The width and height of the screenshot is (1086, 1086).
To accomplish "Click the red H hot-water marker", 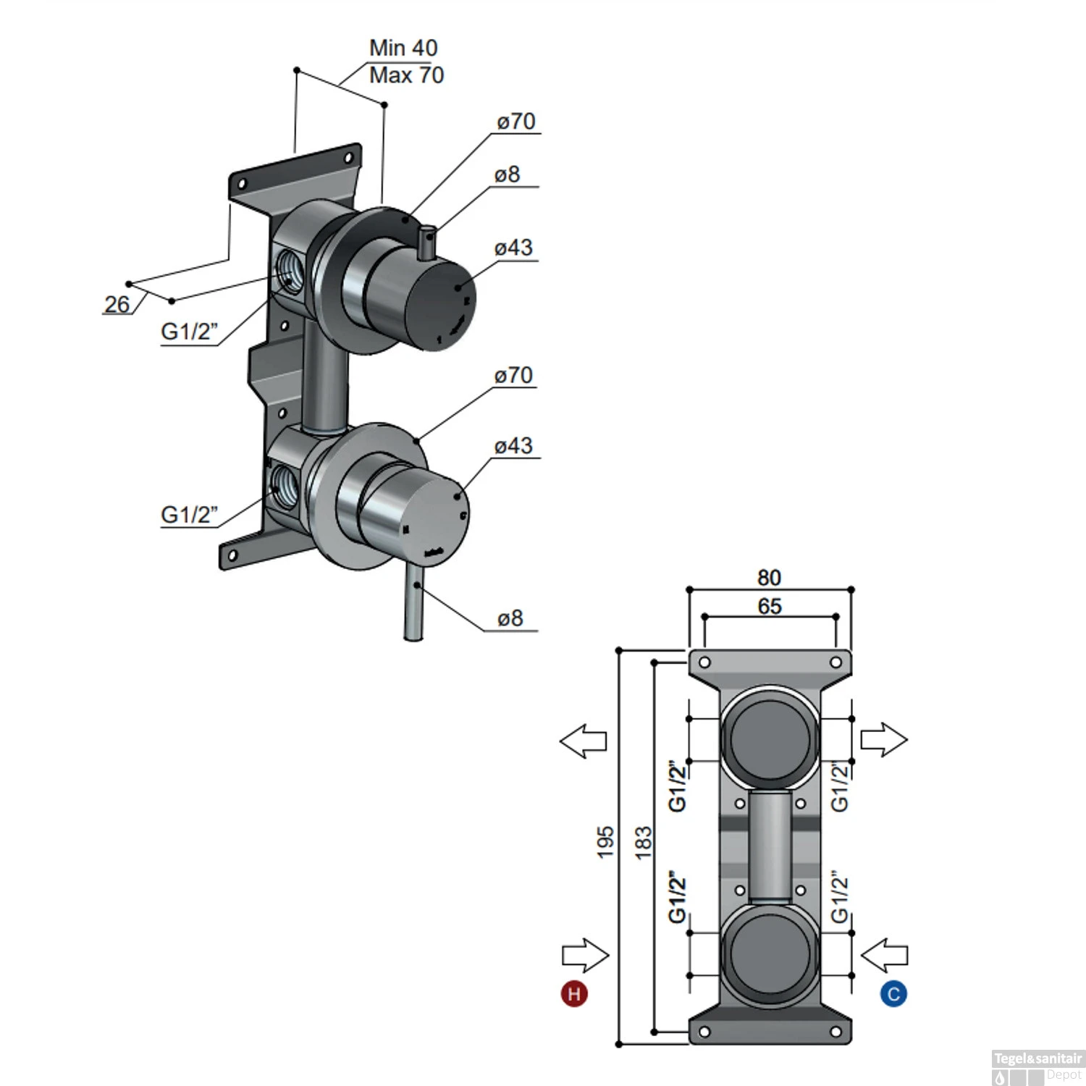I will [574, 993].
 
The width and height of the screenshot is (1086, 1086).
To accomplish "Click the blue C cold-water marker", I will [893, 993].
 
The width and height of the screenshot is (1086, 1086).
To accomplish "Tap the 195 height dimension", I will [605, 842].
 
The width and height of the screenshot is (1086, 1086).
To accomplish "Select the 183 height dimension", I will [643, 842].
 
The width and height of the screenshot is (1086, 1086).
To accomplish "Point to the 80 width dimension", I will [769, 578].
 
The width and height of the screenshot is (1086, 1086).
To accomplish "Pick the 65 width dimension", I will [770, 606].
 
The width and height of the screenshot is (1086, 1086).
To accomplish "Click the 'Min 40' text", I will [403, 48].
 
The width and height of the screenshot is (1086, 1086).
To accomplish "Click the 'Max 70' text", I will [406, 75].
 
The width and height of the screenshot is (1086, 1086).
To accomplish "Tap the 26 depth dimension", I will [117, 304].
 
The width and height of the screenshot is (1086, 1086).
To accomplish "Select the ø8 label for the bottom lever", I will [510, 618].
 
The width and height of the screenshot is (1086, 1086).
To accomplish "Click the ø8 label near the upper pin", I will [508, 174].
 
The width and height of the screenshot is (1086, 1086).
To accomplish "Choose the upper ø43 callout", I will [513, 248].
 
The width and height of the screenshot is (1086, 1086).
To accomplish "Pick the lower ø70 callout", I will [513, 375].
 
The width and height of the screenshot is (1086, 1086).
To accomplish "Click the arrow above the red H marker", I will [586, 956].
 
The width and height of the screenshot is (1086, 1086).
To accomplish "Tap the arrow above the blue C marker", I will [884, 956].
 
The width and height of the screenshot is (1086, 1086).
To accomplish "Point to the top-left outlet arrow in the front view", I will [584, 741].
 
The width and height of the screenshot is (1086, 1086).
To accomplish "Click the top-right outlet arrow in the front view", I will [884, 740].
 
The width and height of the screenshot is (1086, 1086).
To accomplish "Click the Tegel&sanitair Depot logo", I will [1037, 1067].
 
